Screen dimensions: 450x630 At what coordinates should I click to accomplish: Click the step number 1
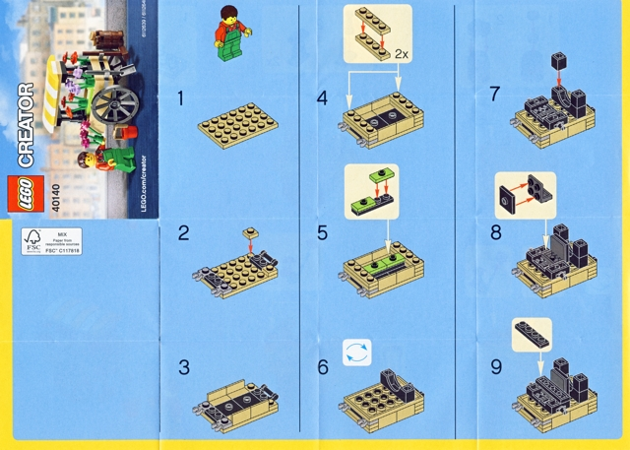181,98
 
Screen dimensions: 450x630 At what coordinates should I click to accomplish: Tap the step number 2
183,233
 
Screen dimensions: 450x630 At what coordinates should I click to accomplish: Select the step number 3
183,367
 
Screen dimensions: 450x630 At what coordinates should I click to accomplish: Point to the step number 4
322,98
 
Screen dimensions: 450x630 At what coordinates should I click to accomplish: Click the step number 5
322,233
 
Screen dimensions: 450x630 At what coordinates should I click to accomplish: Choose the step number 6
322,367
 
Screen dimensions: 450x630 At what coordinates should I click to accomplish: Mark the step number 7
495,98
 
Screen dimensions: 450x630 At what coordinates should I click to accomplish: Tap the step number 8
495,233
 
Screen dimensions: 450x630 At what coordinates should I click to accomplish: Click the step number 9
495,367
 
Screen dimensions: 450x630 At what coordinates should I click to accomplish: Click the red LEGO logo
22,191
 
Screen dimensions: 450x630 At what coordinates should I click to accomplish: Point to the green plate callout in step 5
371,185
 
